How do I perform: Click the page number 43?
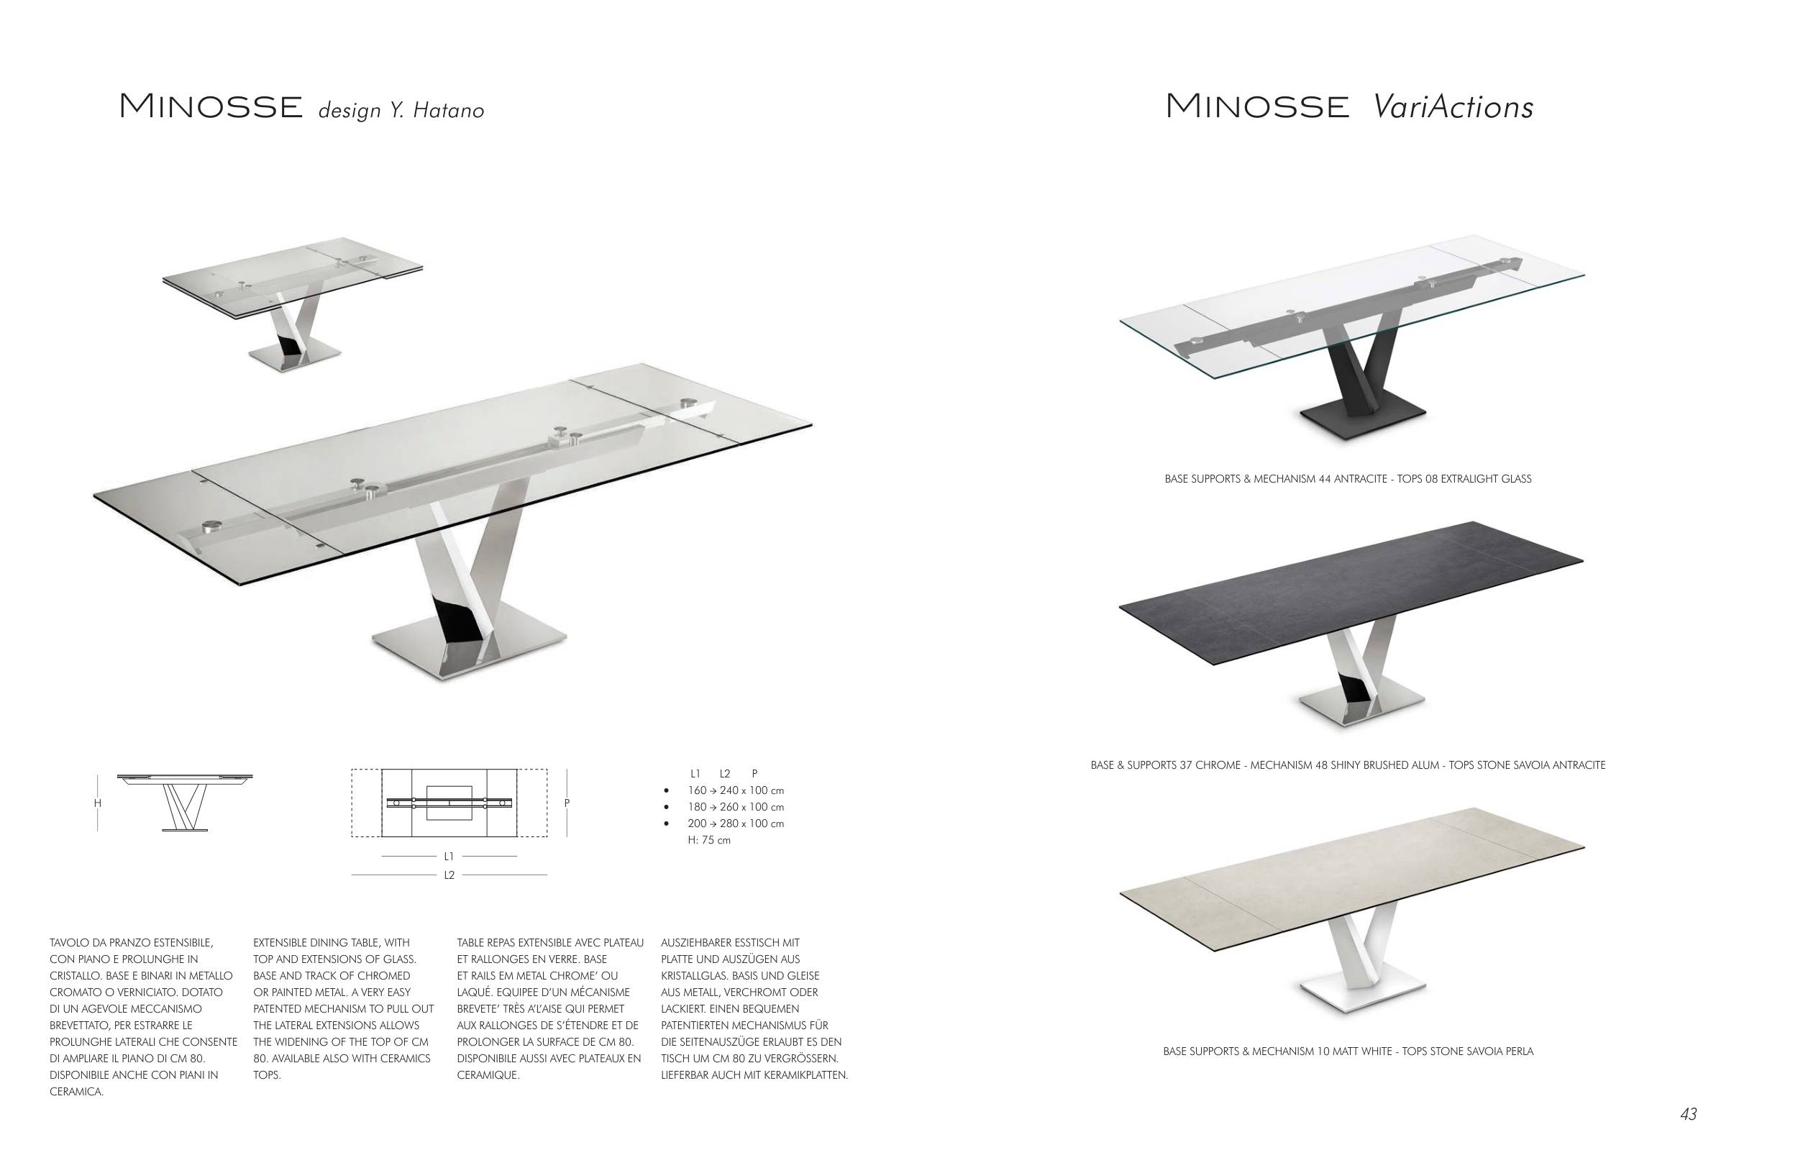(1689, 1114)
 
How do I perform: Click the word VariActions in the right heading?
(1453, 106)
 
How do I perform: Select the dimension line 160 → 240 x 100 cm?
(736, 790)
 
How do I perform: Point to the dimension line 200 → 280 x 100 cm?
(736, 823)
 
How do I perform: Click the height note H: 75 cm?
(709, 840)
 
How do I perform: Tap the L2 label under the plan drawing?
(449, 875)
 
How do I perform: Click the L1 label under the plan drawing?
(449, 856)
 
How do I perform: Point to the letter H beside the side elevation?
(98, 803)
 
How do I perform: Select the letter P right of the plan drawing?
(567, 803)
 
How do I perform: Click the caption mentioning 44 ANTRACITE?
(1348, 479)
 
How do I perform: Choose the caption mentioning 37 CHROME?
(1348, 765)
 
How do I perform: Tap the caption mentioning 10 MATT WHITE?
(1348, 1051)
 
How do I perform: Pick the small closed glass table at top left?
(293, 302)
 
